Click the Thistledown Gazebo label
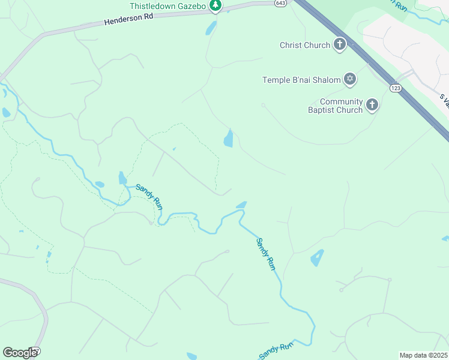tap(168, 6)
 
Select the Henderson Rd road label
tap(129, 19)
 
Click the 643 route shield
tap(280, 3)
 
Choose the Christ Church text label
tap(305, 45)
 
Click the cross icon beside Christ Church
tap(340, 44)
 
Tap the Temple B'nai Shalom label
tap(301, 79)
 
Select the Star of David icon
tap(349, 79)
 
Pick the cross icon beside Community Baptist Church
tap(372, 106)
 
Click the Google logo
tap(20, 353)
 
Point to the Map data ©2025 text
tap(423, 355)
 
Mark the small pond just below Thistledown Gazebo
tap(211, 28)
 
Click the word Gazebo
tap(190, 6)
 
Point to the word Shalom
tap(325, 79)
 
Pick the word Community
tap(342, 101)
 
